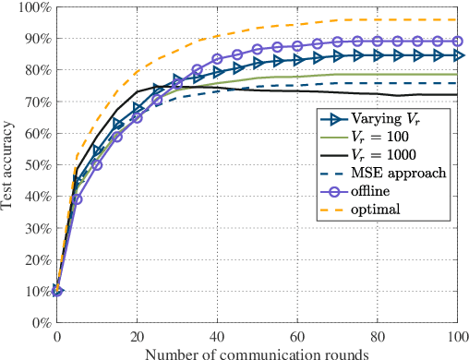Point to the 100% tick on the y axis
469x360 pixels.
32,7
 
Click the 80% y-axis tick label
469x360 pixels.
35,70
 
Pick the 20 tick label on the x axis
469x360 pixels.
137,334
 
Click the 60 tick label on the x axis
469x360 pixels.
296,334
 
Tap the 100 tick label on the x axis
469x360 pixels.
455,334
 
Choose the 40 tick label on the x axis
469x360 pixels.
216,334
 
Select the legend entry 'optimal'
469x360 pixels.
375,211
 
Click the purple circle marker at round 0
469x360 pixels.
57,291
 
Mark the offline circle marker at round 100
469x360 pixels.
455,42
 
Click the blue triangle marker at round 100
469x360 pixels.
455,56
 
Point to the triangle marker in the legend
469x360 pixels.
328,119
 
